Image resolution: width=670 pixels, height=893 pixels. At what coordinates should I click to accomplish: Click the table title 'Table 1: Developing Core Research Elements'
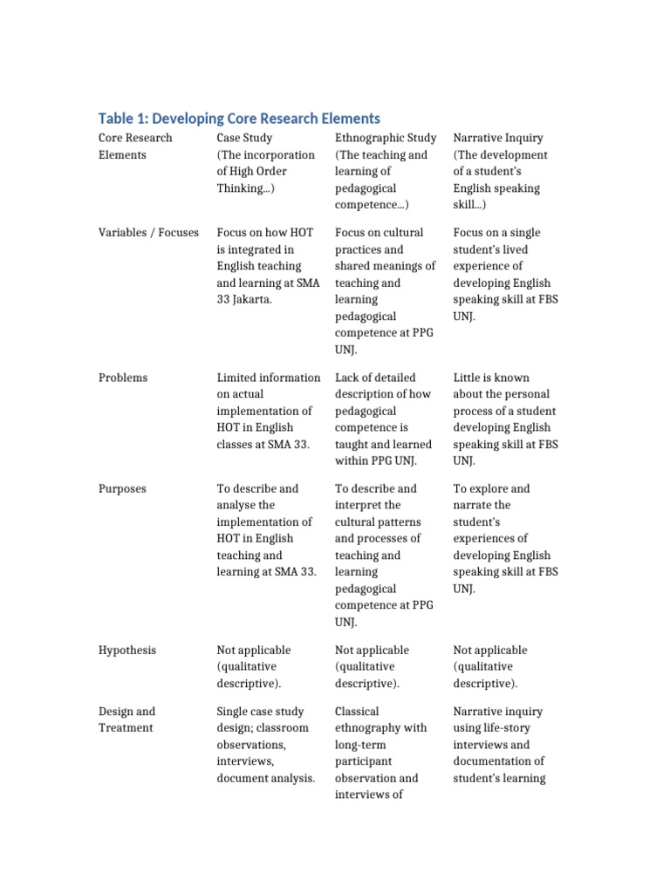[239, 118]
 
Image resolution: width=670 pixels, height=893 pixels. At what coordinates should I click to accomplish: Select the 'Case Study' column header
[244, 138]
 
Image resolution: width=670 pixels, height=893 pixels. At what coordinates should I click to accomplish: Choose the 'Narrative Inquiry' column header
[498, 138]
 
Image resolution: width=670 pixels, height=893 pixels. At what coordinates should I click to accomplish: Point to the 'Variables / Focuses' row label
[148, 233]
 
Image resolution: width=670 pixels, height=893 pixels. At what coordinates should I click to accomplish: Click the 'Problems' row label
[123, 378]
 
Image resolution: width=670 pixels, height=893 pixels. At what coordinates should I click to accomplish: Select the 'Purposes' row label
[123, 488]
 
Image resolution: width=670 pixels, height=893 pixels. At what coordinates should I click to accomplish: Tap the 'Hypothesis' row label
[127, 651]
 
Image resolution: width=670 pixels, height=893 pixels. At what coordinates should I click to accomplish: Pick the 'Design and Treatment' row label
[127, 719]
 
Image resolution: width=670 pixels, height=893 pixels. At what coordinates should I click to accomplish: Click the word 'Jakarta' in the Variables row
[254, 300]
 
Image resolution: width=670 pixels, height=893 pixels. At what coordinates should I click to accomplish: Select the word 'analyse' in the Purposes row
[237, 506]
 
